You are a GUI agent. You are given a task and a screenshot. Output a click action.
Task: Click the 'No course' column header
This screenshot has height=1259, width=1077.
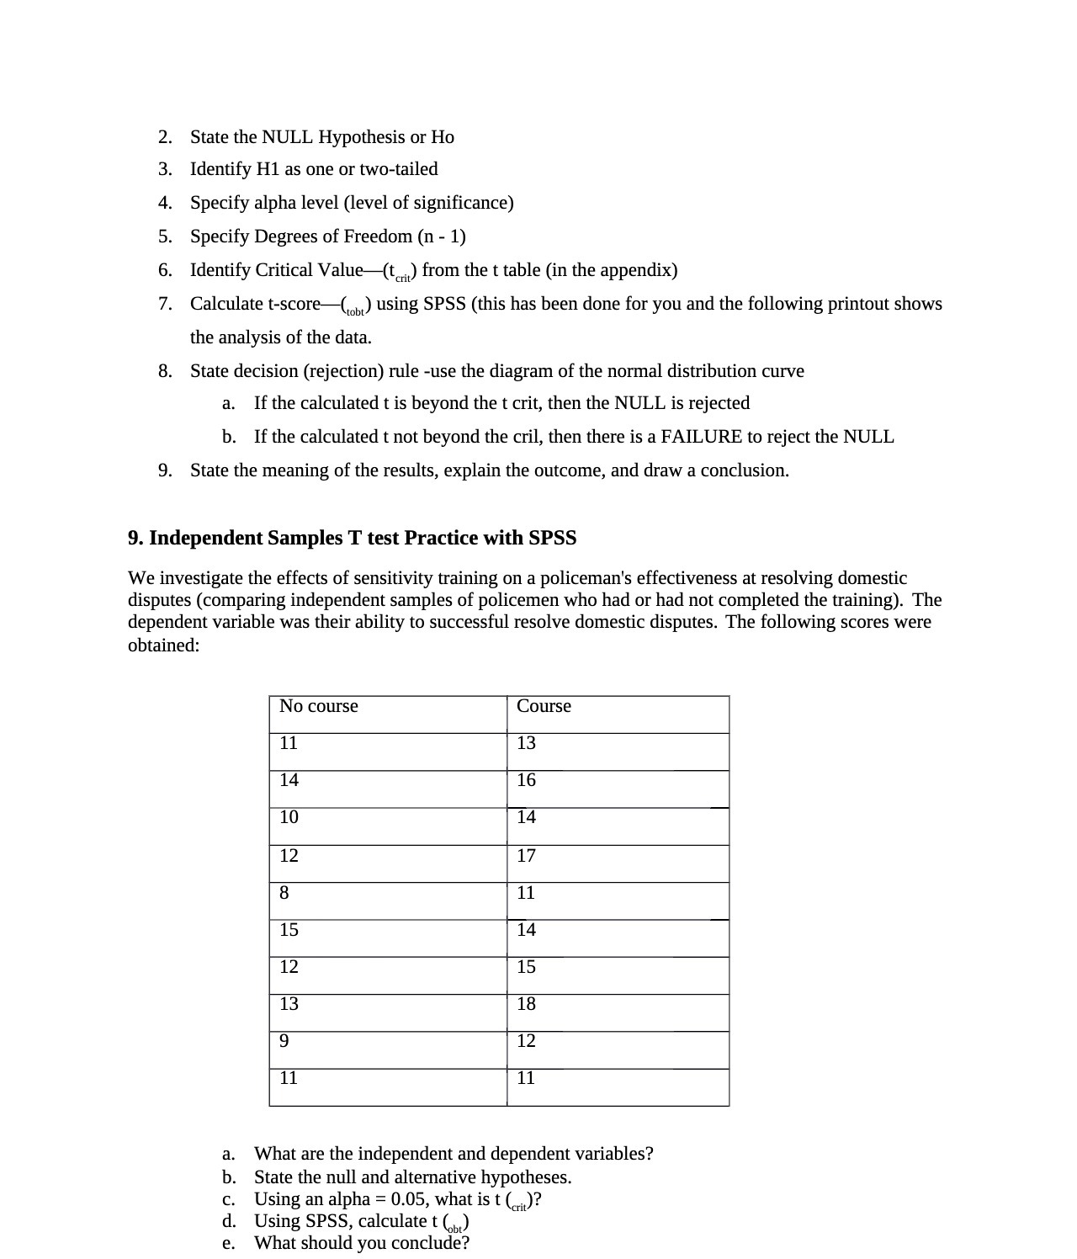pos(318,706)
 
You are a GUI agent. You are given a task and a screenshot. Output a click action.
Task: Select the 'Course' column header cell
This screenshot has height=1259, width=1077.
pos(544,706)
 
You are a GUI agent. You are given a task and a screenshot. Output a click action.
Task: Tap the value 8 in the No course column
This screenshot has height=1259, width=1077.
pos(284,893)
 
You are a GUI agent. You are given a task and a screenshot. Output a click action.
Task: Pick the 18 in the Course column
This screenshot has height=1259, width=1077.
pos(526,1004)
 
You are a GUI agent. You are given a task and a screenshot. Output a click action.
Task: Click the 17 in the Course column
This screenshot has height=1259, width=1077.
pos(526,856)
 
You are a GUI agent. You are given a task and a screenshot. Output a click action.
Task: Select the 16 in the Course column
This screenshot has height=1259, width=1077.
pos(526,780)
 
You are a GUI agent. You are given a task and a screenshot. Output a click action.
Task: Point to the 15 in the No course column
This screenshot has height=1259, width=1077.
pos(289,930)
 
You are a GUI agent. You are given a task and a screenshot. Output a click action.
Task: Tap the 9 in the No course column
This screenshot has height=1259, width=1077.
pos(284,1041)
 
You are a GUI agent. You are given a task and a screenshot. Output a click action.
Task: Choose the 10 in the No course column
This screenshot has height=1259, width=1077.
pos(289,817)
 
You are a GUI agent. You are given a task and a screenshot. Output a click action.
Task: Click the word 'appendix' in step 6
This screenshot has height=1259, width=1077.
pos(639,270)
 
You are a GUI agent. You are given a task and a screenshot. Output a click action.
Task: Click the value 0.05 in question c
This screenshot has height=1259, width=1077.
pos(410,1199)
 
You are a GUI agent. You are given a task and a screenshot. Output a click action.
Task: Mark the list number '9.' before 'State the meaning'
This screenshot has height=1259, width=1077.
pos(166,470)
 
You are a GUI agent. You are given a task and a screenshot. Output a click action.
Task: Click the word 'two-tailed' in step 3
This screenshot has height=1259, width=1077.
pos(398,169)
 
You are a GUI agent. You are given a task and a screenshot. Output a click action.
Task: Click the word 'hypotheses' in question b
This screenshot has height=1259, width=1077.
pos(528,1177)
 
